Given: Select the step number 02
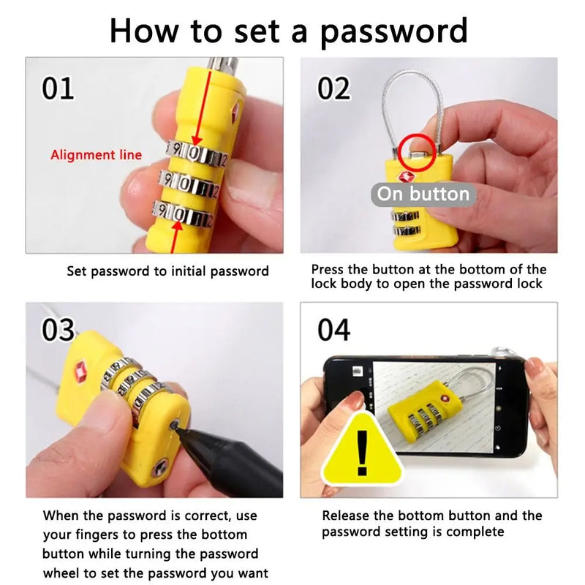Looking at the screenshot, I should tap(333, 88).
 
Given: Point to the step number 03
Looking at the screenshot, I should tap(58, 330).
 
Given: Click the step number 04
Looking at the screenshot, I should tap(334, 330).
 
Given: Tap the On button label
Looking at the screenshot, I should tap(423, 194).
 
